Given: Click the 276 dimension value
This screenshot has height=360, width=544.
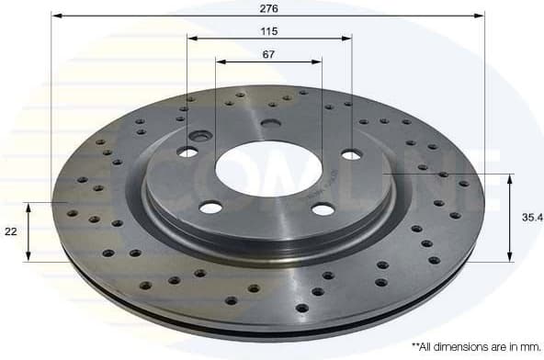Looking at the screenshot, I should click(268, 7).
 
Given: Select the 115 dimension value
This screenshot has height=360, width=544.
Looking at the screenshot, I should click(268, 30).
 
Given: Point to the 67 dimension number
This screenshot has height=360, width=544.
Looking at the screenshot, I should click(268, 54).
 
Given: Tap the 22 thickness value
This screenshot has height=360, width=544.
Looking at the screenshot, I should click(11, 232).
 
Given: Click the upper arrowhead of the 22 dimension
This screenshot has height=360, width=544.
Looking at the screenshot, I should click(30, 207).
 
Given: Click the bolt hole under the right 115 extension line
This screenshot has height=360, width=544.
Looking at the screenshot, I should click(351, 154).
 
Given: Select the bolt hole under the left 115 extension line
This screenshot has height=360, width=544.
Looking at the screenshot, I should click(187, 152).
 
